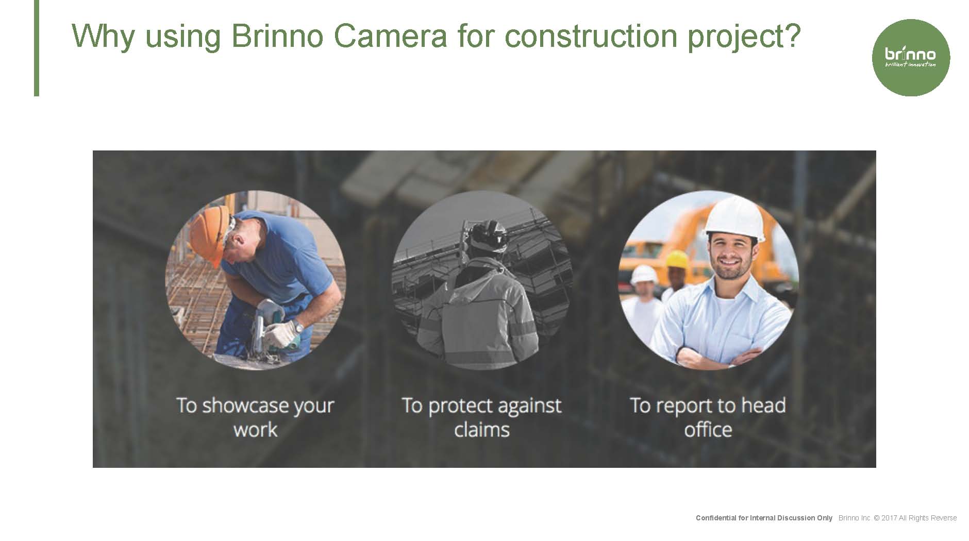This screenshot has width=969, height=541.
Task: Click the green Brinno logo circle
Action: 911,58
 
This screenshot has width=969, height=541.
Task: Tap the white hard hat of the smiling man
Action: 734,218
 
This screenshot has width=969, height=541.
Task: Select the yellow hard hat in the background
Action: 677,259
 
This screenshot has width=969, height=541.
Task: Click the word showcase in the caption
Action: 245,405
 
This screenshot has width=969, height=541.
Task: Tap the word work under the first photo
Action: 255,429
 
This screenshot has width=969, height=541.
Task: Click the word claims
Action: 482,429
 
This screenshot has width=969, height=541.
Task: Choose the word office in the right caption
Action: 708,429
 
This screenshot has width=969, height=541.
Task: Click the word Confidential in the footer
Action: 716,518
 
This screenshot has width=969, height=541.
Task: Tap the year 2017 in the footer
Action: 889,518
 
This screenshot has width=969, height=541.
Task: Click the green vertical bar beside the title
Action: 37,48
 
